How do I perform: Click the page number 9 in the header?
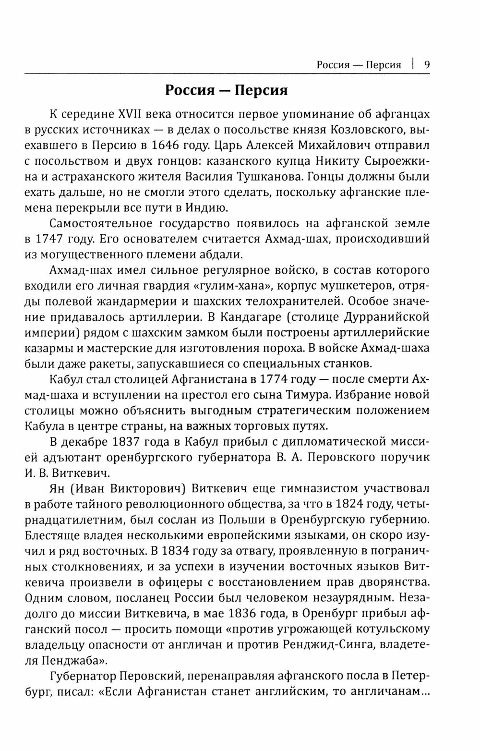point(427,64)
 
